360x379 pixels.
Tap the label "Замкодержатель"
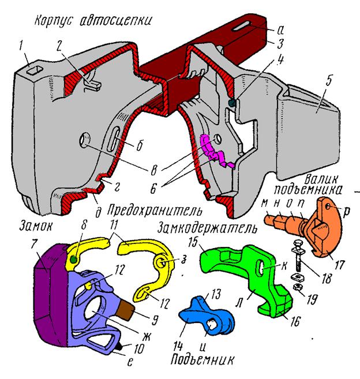[207, 228]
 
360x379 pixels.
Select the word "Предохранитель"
[155, 211]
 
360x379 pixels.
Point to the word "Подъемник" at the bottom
[202, 359]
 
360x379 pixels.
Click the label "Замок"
[36, 227]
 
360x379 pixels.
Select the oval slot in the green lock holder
[260, 267]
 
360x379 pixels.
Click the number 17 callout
[339, 264]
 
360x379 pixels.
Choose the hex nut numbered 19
[297, 287]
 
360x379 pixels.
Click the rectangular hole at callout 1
[35, 70]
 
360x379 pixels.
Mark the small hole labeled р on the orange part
[328, 207]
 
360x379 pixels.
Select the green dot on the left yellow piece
[74, 260]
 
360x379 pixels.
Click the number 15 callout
[193, 242]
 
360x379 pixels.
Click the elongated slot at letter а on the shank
[242, 27]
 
